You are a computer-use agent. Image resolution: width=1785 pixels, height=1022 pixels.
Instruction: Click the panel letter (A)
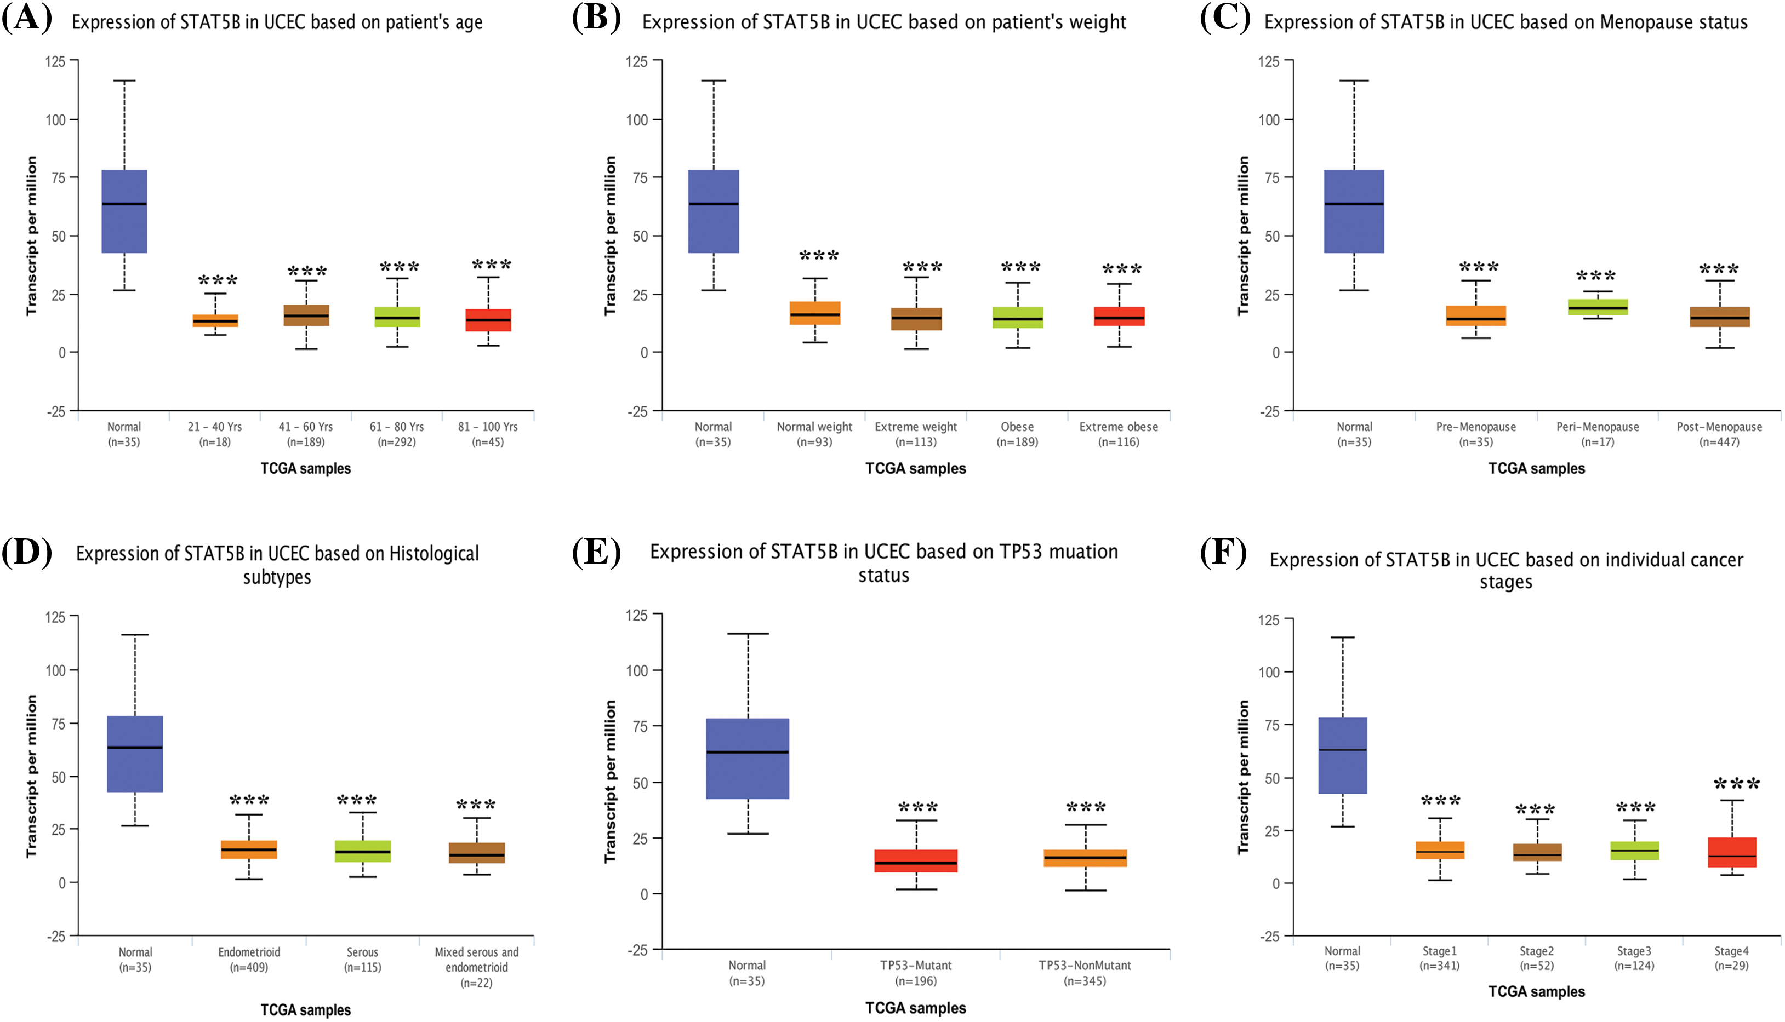pos(27,18)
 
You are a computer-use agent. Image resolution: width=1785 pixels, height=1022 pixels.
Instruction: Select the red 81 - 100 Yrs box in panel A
pos(488,320)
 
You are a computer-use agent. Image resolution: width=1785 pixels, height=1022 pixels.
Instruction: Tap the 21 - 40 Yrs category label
pos(214,434)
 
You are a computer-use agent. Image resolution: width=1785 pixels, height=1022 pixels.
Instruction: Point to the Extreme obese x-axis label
pos(1119,434)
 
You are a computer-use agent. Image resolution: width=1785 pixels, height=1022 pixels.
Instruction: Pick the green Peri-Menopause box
pos(1598,307)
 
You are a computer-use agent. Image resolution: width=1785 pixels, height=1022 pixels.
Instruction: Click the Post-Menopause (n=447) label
pos(1719,434)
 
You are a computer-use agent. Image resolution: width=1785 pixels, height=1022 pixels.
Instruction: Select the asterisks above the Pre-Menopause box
pos(1479,267)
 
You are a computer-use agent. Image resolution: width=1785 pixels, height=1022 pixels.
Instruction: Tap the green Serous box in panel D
pos(362,852)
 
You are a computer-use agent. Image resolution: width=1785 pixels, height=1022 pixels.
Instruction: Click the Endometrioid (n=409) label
pos(249,960)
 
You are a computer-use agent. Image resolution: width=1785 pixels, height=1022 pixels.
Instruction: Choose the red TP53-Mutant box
pos(916,862)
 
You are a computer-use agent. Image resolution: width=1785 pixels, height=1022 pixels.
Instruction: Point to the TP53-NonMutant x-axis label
pos(1085,973)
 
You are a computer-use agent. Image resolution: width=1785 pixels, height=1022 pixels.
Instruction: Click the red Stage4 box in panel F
pos(1732,852)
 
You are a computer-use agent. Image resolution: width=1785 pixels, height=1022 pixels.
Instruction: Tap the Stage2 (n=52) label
pos(1536,958)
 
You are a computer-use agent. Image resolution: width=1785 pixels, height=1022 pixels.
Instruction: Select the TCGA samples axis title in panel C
pos(1536,468)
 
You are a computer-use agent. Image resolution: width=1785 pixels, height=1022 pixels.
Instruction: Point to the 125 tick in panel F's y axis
pos(1268,621)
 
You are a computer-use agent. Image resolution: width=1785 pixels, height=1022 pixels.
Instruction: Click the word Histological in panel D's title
pos(434,554)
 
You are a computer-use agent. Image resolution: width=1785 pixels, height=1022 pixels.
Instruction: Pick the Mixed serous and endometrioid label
pos(476,967)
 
